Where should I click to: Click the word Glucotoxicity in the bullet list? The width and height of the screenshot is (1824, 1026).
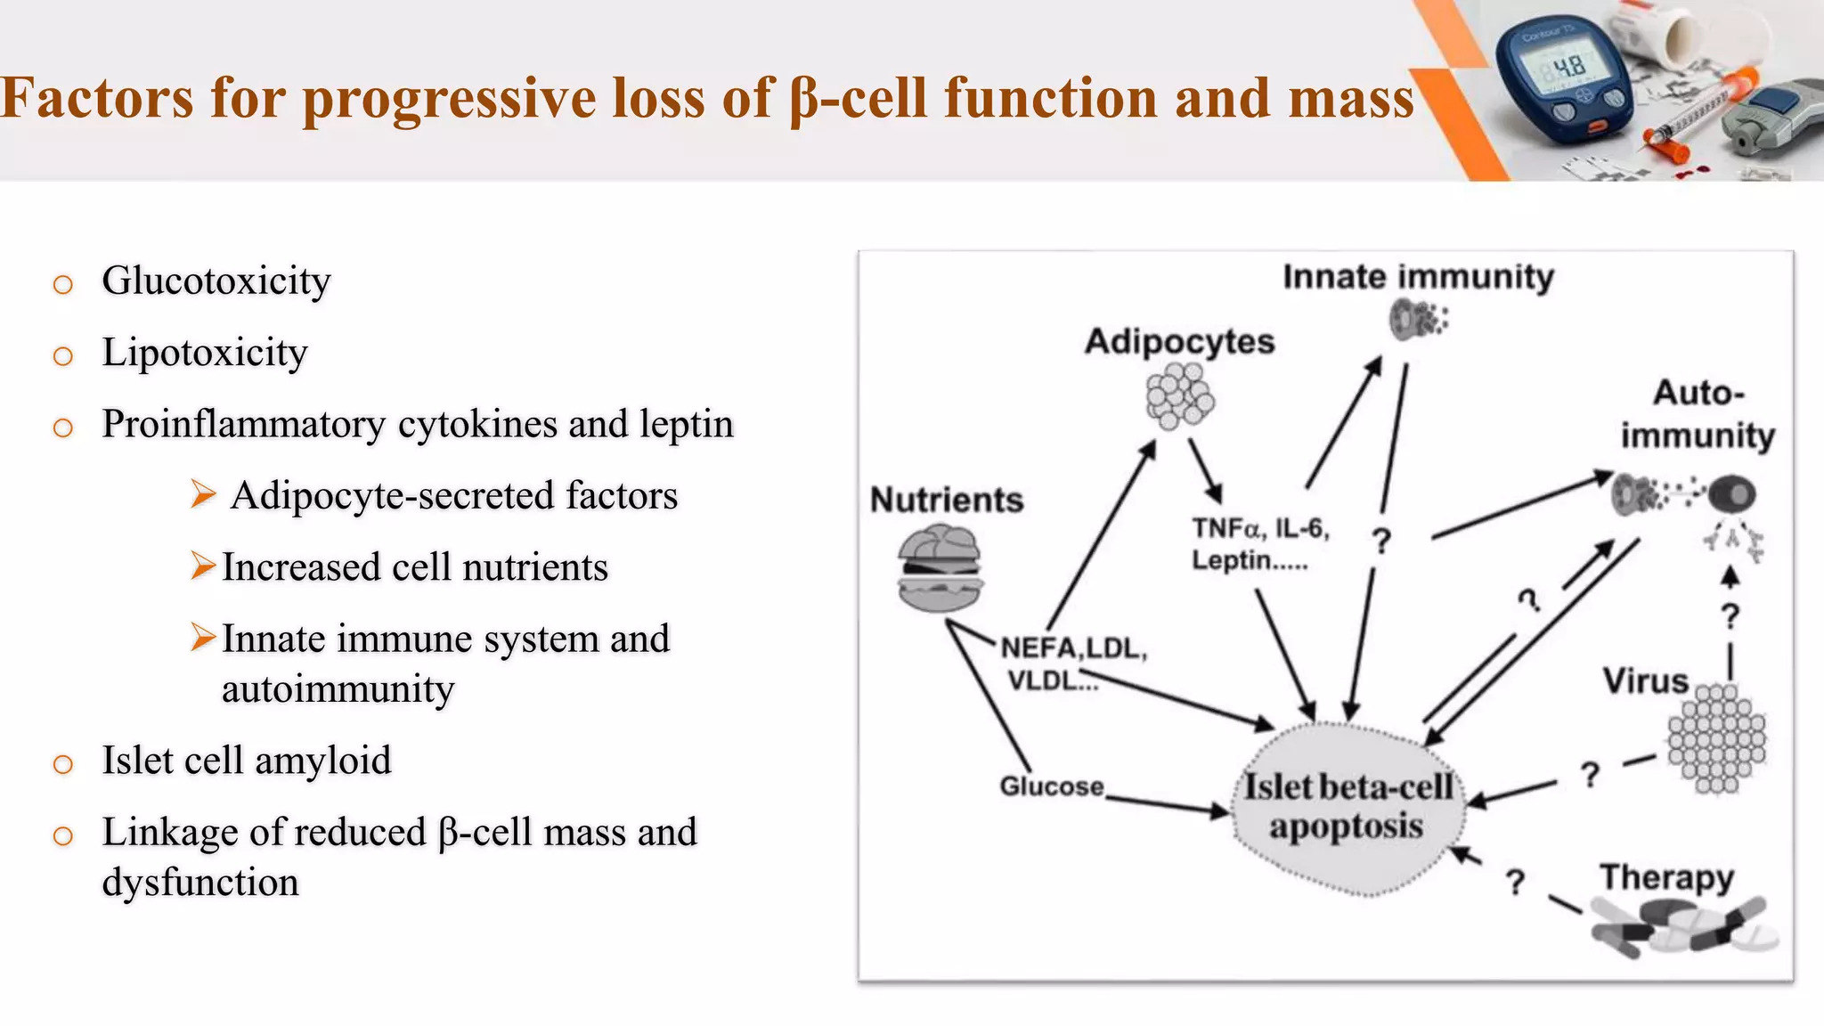[216, 281]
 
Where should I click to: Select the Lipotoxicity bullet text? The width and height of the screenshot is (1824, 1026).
[205, 353]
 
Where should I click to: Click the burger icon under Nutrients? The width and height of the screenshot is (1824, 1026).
[940, 567]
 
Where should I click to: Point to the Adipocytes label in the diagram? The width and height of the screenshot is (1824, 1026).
[1179, 342]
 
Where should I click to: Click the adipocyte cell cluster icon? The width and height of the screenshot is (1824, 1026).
[1180, 397]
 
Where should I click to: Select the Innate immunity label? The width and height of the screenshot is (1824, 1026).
[1418, 277]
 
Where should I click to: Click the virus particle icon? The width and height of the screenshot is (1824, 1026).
[1716, 738]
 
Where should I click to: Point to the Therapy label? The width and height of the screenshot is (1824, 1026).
[1666, 877]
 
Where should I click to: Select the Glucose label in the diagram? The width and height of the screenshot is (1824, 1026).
[1052, 786]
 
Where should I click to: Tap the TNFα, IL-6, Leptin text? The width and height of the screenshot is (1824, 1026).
[1258, 544]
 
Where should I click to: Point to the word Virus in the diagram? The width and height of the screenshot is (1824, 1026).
[1645, 681]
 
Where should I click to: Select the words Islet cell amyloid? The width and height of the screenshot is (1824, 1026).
[247, 761]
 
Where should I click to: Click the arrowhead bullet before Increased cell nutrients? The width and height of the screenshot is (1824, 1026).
[203, 566]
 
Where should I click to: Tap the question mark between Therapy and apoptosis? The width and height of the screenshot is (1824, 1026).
[1515, 882]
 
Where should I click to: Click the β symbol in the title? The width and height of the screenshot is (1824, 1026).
[803, 101]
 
